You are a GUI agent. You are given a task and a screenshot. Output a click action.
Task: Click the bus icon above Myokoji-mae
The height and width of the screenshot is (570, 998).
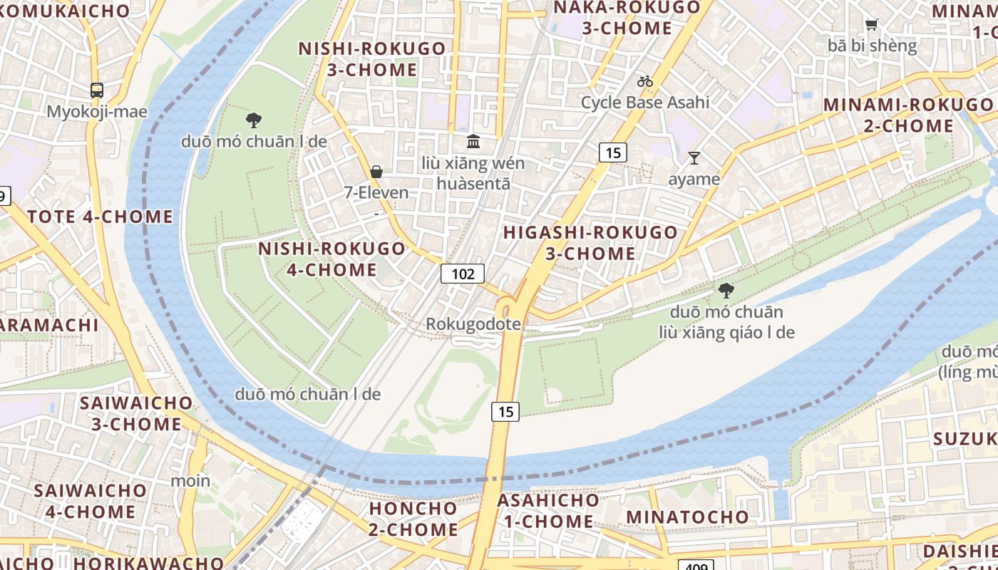[97, 90]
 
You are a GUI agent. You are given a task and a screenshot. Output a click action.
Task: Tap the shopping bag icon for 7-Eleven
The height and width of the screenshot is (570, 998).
[376, 171]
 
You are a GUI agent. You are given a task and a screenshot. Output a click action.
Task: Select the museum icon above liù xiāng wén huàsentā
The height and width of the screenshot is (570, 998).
[473, 141]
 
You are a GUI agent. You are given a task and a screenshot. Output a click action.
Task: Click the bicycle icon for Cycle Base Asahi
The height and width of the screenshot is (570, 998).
[645, 81]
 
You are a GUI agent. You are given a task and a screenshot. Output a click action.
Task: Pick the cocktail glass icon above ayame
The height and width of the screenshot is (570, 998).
[694, 158]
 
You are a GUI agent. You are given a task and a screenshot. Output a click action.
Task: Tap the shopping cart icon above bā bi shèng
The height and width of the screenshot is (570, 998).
[871, 25]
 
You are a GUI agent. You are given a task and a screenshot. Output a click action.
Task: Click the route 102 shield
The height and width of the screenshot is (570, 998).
[462, 274]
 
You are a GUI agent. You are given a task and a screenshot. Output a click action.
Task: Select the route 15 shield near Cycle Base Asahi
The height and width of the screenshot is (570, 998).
[612, 152]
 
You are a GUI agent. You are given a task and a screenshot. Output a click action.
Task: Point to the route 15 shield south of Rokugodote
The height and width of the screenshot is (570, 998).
[505, 411]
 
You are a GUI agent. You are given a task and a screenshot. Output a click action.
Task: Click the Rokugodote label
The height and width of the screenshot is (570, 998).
[473, 324]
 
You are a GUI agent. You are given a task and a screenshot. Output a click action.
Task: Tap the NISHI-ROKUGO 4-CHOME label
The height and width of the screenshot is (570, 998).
[331, 259]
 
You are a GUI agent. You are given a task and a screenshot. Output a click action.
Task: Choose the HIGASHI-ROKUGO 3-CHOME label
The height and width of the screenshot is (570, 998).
[590, 243]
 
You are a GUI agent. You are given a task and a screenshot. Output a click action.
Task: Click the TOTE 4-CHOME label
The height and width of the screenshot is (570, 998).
[101, 217]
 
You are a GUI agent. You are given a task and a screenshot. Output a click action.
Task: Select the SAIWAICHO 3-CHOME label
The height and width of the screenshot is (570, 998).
[136, 413]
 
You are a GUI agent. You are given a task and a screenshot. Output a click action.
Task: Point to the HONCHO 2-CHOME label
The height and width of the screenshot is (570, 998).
[413, 519]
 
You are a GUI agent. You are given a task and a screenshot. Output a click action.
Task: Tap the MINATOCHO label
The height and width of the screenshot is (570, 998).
[687, 517]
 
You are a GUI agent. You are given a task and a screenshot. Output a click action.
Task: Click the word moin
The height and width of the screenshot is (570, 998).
[190, 481]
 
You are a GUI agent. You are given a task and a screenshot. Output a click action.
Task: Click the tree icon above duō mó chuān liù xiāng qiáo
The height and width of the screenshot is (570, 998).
[726, 290]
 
